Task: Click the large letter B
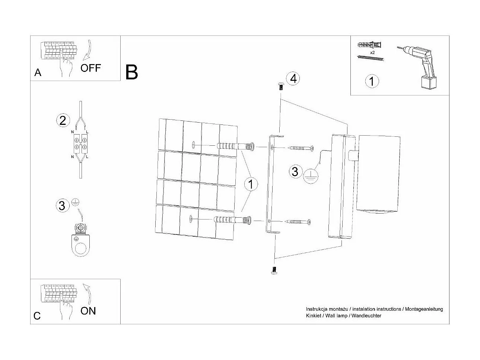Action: click(x=132, y=72)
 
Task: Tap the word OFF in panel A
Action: click(x=90, y=68)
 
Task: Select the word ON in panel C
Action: click(x=88, y=310)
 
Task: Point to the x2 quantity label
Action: click(x=372, y=53)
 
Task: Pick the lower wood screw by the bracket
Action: click(x=298, y=222)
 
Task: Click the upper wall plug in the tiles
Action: click(x=235, y=146)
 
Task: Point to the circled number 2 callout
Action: click(x=63, y=120)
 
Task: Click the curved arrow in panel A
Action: click(x=88, y=50)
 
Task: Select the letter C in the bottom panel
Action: click(x=37, y=316)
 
